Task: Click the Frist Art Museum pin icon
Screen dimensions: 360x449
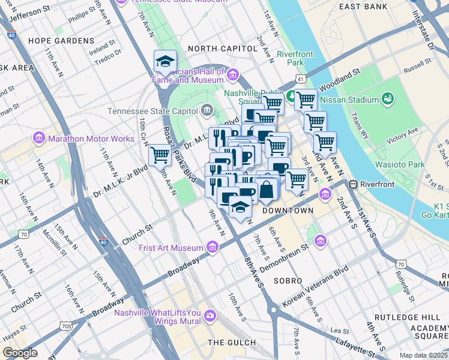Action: point(212,247)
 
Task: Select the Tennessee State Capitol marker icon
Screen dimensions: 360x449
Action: point(207,110)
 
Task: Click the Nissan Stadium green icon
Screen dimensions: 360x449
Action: point(388,98)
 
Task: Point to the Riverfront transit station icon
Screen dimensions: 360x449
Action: point(354,185)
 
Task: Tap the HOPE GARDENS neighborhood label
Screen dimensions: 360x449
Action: point(61,41)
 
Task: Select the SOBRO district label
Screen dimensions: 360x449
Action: point(287,280)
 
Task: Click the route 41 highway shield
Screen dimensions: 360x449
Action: point(300,78)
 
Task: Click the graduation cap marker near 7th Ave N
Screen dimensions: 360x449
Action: point(165,61)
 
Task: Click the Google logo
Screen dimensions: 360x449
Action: point(20,353)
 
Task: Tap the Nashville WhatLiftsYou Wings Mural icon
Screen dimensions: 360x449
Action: point(210,315)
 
